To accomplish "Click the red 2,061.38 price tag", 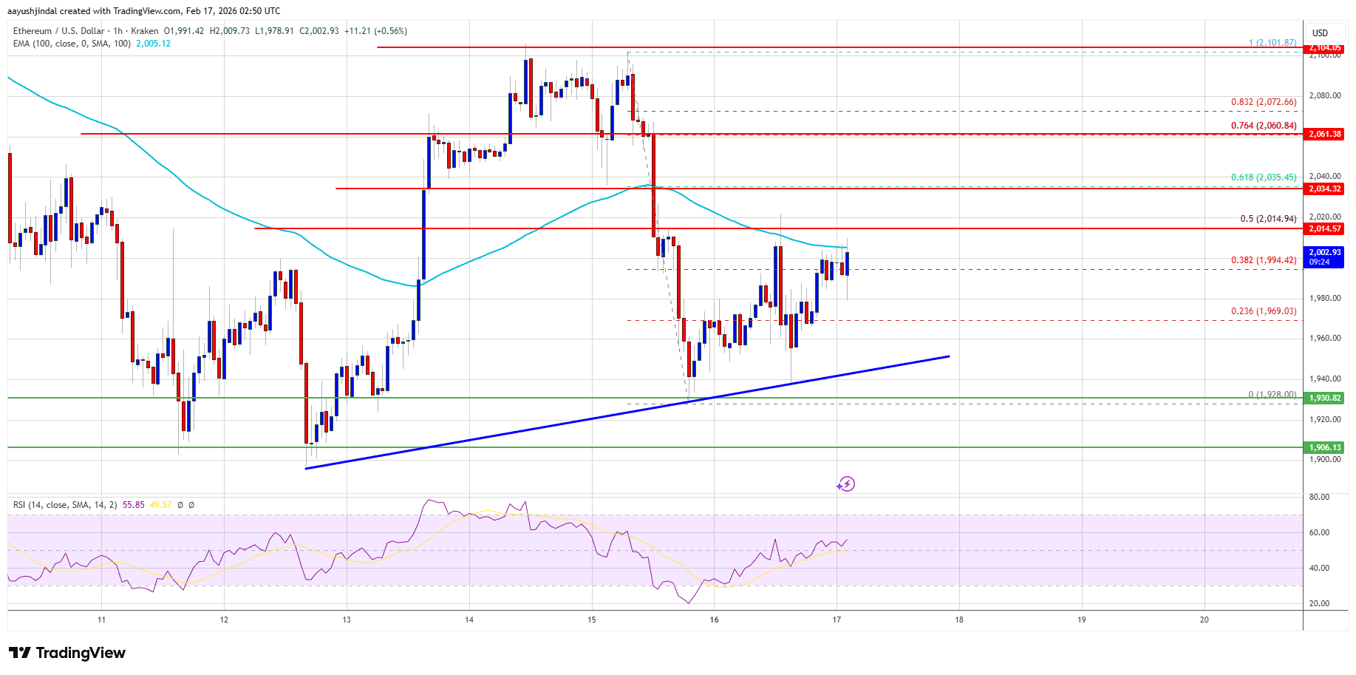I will [1324, 134].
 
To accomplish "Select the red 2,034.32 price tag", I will [1324, 189].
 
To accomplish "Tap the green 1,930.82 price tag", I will [1324, 398].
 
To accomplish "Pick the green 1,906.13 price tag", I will [1324, 447].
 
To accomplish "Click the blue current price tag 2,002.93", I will [1324, 257].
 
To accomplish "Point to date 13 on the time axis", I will [347, 620].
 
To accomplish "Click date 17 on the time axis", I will [837, 620].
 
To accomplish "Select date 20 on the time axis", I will [1204, 620].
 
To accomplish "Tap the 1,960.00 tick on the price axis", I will [1324, 339].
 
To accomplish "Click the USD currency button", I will [1320, 33].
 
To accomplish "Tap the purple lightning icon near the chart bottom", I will [846, 484].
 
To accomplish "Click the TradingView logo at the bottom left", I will [67, 653].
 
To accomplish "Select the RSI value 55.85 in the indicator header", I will [134, 505].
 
